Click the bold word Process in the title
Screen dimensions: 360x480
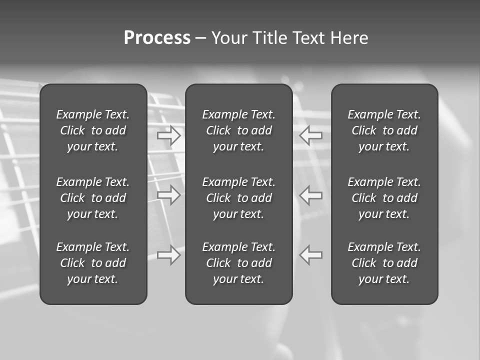point(157,38)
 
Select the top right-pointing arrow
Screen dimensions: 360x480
point(169,135)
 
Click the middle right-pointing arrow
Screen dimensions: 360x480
point(169,195)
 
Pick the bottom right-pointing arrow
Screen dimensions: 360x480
point(169,254)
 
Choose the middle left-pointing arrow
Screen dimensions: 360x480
point(311,195)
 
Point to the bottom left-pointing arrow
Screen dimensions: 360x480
point(311,254)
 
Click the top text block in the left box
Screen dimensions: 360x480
point(93,130)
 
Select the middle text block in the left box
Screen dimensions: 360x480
point(93,198)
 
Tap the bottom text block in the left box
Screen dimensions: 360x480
point(93,263)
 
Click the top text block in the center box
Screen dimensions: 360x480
point(239,130)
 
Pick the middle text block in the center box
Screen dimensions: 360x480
point(239,198)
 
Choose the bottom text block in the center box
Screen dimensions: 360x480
point(239,263)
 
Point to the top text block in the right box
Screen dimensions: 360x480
point(384,130)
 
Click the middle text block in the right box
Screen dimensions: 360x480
point(384,198)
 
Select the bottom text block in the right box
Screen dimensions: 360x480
point(384,263)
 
